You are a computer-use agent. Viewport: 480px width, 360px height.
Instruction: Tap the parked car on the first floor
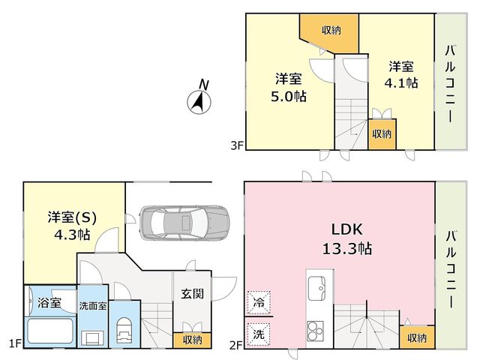tap(184, 223)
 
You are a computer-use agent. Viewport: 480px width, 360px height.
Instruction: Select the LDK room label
tap(347, 229)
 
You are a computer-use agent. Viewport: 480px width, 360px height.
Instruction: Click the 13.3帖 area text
tap(347, 248)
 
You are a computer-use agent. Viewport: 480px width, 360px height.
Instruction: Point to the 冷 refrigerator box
tap(259, 303)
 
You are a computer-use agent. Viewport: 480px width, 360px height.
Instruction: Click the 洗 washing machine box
tap(259, 334)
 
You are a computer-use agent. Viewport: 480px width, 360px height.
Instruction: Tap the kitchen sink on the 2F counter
tap(316, 288)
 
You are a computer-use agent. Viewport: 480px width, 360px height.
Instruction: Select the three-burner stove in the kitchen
tap(316, 331)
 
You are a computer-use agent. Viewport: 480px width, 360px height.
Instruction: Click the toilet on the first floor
tap(124, 330)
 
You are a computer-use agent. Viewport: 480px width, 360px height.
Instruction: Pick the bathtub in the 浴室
tap(50, 331)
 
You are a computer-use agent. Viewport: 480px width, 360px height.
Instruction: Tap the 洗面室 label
tap(93, 306)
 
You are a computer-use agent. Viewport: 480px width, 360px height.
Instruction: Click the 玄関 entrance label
tap(192, 294)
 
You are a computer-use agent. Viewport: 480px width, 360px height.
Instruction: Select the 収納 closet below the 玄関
tap(192, 340)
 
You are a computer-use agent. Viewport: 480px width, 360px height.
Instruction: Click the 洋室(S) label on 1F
tap(72, 217)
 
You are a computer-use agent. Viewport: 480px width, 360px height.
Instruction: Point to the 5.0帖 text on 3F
tap(288, 97)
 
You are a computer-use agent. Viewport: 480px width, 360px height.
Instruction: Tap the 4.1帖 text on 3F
tap(401, 83)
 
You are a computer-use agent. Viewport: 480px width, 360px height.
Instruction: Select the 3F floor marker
tap(237, 145)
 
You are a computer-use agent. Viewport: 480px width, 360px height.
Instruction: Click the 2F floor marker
tap(236, 345)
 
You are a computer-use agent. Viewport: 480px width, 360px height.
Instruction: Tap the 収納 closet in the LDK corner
tap(417, 337)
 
